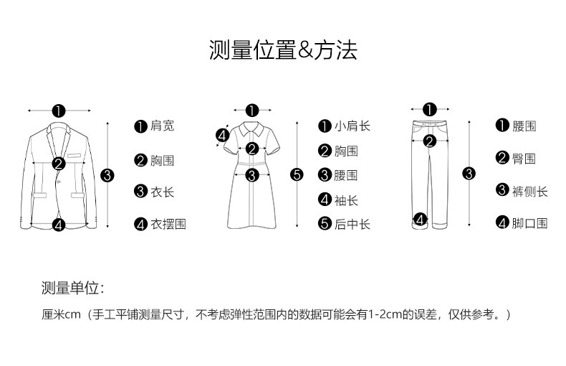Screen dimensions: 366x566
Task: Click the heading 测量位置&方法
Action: (x=282, y=50)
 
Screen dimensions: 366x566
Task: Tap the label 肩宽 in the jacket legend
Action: (x=162, y=126)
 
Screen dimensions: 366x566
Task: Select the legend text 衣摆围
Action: (x=168, y=224)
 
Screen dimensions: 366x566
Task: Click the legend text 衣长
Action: (x=162, y=192)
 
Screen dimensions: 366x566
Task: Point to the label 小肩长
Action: (x=352, y=126)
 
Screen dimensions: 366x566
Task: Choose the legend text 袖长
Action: (x=346, y=200)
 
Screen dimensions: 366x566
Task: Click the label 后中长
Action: (x=352, y=225)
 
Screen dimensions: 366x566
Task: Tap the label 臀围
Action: (x=524, y=159)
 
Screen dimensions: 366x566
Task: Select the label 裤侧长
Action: (x=529, y=191)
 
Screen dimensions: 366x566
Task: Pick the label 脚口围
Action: (x=529, y=223)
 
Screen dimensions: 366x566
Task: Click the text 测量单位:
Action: (x=72, y=288)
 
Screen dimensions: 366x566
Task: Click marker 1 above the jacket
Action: (x=59, y=111)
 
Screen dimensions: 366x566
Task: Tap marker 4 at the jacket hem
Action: (x=59, y=225)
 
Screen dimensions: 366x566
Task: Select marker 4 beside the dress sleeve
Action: (x=222, y=134)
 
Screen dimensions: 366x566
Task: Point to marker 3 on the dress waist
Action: (x=252, y=174)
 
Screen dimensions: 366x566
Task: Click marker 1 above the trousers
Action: (x=429, y=110)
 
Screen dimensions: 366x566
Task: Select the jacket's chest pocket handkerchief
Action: (x=75, y=154)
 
